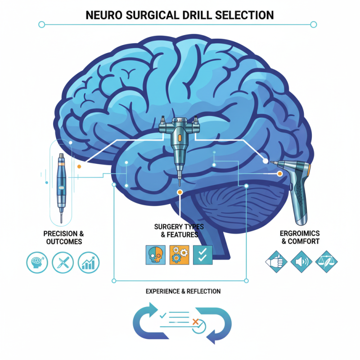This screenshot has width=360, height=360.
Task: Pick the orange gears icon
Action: [x=179, y=255]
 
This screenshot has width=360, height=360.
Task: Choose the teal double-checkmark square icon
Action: [x=202, y=255]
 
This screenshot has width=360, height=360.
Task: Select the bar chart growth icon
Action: [x=88, y=262]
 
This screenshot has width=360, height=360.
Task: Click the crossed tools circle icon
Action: [x=63, y=262]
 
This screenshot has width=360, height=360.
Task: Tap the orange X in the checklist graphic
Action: [x=195, y=321]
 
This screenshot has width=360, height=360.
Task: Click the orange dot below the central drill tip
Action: [x=180, y=193]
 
